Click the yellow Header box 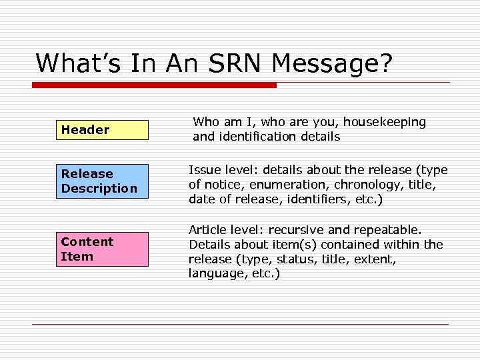pos(101,130)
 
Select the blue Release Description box pos(101,181)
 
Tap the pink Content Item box pos(101,249)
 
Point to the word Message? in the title pos(333,63)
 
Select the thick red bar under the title pos(154,85)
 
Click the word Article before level pos(207,230)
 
